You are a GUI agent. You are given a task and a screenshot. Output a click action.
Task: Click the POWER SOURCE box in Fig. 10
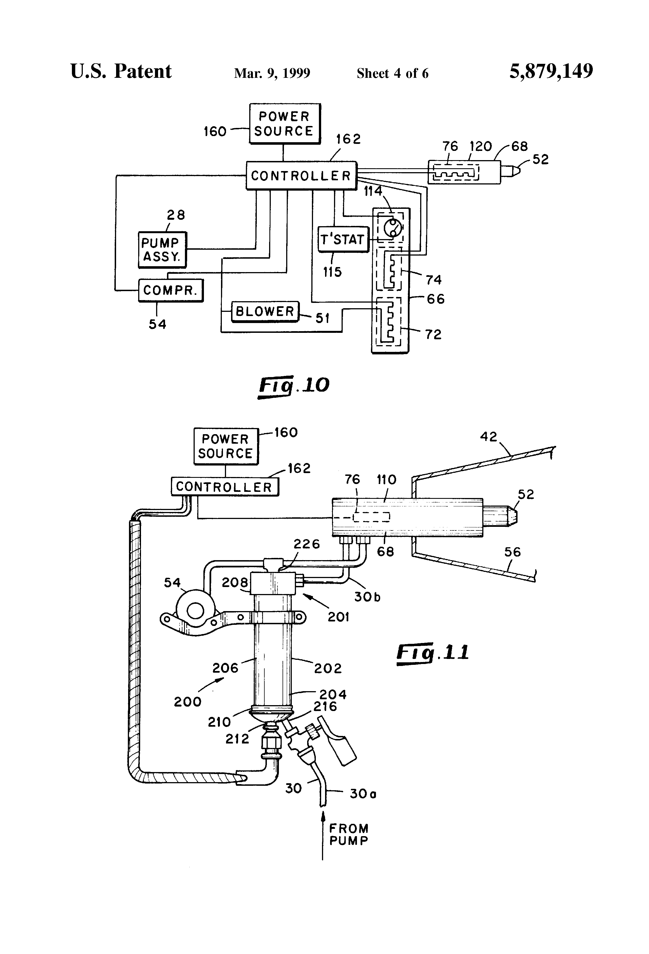[x=285, y=123]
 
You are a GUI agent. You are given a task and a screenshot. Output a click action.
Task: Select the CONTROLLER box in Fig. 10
[x=301, y=176]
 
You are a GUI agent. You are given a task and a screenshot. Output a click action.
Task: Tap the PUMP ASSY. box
[x=162, y=250]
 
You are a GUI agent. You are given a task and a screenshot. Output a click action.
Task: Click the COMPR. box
[x=171, y=290]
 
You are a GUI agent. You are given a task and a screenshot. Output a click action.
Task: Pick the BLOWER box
[x=265, y=311]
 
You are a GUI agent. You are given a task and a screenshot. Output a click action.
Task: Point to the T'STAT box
[x=343, y=239]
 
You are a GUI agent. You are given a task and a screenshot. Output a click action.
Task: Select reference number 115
[x=332, y=272]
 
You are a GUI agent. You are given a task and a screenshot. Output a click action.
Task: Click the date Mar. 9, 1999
[x=272, y=73]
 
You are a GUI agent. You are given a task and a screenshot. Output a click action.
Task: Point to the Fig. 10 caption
[x=294, y=385]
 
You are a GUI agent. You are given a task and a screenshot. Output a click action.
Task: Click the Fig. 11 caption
[x=433, y=652]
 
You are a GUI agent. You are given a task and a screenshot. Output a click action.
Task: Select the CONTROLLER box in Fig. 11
[x=224, y=487]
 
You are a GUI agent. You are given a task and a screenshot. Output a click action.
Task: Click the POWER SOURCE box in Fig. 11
[x=226, y=446]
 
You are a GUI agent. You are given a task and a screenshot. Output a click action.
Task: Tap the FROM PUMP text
[x=349, y=834]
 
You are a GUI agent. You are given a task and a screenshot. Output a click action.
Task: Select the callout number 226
[x=306, y=544]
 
